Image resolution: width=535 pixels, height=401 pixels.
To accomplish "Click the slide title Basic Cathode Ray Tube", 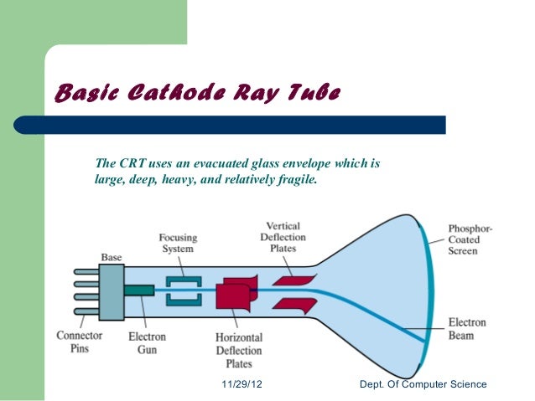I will [x=196, y=93].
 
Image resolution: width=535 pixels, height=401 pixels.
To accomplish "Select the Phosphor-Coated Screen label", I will [x=470, y=239].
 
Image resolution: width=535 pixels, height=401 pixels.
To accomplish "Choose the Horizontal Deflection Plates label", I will [x=239, y=351].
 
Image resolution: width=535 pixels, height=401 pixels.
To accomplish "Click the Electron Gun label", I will [x=147, y=342].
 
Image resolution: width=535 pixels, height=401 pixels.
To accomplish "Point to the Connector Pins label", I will [x=80, y=342].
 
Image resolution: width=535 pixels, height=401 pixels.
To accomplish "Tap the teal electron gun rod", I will [x=139, y=290].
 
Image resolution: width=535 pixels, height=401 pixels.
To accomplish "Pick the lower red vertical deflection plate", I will [x=293, y=304].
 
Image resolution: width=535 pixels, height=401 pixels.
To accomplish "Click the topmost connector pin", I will [x=86, y=271].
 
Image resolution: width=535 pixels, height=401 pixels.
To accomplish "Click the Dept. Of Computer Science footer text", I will [x=422, y=384].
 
